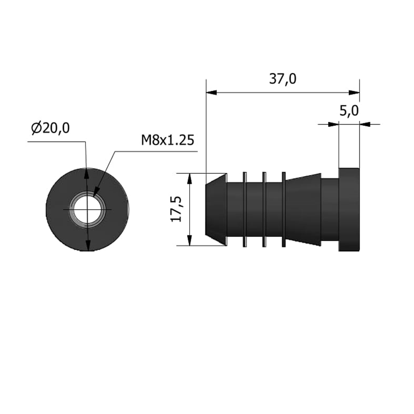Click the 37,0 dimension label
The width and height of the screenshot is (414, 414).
[282, 79]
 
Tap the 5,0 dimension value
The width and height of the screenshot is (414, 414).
[349, 111]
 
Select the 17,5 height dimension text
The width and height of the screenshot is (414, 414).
[176, 209]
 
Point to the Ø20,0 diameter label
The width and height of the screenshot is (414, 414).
[50, 128]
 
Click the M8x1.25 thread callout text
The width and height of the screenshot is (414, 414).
[168, 140]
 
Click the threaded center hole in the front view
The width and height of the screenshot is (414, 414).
[87, 209]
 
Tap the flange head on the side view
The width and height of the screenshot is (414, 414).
[349, 209]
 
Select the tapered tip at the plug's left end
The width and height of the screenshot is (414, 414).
[216, 209]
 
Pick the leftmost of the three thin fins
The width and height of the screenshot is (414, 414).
[245, 209]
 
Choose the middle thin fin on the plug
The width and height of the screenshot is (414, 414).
[264, 209]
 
